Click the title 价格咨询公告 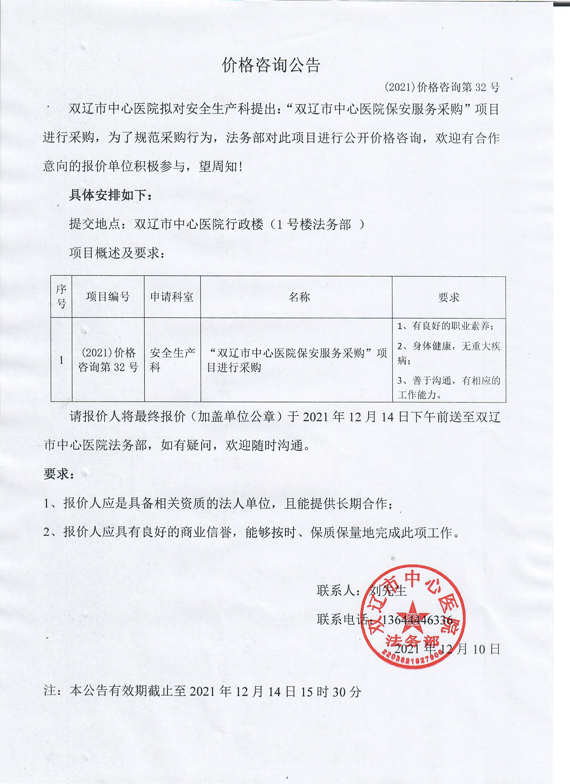tap(271, 65)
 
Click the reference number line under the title tap(442, 88)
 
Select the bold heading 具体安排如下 tap(110, 195)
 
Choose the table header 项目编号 tap(108, 296)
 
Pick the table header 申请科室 tap(172, 296)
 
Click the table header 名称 tap(299, 296)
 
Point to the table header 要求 tap(448, 297)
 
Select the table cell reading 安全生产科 tap(172, 360)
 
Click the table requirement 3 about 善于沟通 tap(448, 388)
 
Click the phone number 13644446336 tap(418, 620)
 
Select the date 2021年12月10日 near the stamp tap(447, 649)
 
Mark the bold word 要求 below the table tap(58, 474)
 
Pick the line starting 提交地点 tap(217, 224)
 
